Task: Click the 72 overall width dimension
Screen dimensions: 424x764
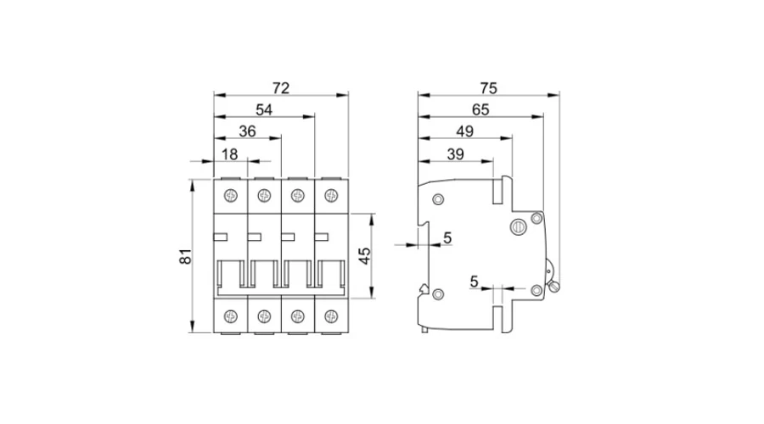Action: tap(281, 87)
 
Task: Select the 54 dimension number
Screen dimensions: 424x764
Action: tap(264, 109)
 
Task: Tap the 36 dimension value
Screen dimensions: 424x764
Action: tap(247, 131)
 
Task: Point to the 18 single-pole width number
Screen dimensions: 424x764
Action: tap(230, 153)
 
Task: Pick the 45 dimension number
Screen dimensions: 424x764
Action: tap(364, 256)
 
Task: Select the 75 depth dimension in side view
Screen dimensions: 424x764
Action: tap(487, 87)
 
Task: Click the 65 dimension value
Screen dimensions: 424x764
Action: tap(480, 109)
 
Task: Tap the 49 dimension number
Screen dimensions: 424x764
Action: tap(464, 131)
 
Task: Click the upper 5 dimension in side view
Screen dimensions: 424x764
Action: tap(447, 238)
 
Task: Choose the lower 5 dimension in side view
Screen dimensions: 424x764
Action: tap(474, 281)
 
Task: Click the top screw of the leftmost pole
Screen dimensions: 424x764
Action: tap(230, 196)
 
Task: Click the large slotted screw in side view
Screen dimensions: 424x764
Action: tap(517, 226)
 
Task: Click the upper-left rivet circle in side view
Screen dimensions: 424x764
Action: tap(438, 200)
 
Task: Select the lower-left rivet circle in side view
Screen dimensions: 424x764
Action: tap(438, 294)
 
